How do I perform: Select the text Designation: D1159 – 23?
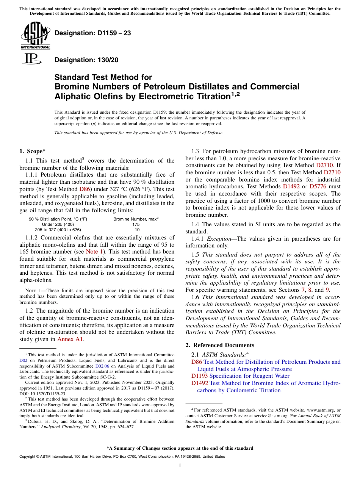[93, 33]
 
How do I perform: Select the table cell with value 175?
[137, 224]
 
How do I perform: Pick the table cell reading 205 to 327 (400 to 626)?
[58, 230]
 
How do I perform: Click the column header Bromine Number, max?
[135, 219]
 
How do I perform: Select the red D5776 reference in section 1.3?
[318, 186]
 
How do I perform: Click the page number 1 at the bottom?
[180, 466]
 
